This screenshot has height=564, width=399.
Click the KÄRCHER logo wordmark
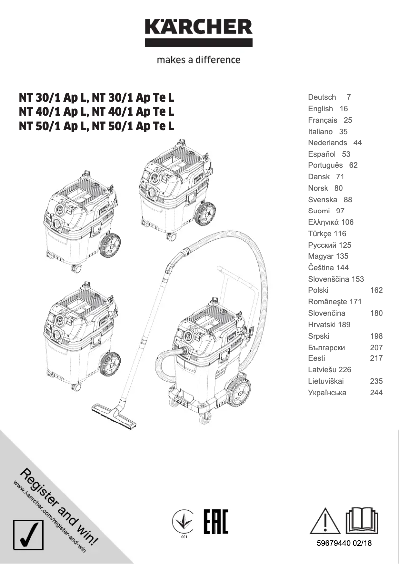click(199, 28)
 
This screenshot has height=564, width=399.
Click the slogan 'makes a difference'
click(199, 60)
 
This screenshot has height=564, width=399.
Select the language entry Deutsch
click(322, 97)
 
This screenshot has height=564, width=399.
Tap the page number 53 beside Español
click(346, 154)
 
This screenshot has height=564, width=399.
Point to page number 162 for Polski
click(376, 290)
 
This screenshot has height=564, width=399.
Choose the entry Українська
click(327, 393)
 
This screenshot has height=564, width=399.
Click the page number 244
click(376, 393)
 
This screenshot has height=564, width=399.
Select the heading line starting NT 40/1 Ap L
click(97, 111)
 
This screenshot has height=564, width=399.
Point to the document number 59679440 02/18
click(344, 544)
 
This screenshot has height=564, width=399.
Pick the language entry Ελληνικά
click(323, 222)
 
